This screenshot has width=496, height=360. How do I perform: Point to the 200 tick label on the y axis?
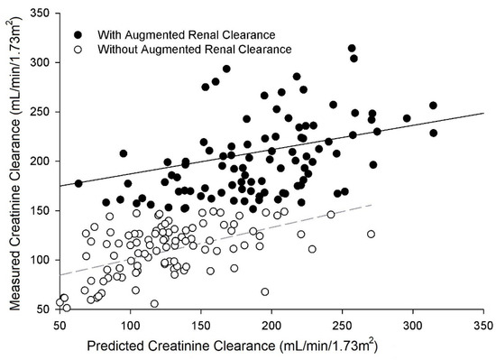pyautogui.click(x=41, y=162)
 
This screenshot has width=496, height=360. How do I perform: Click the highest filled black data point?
pyautogui.click(x=352, y=48)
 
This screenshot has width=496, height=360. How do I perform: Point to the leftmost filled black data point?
pyautogui.click(x=78, y=183)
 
